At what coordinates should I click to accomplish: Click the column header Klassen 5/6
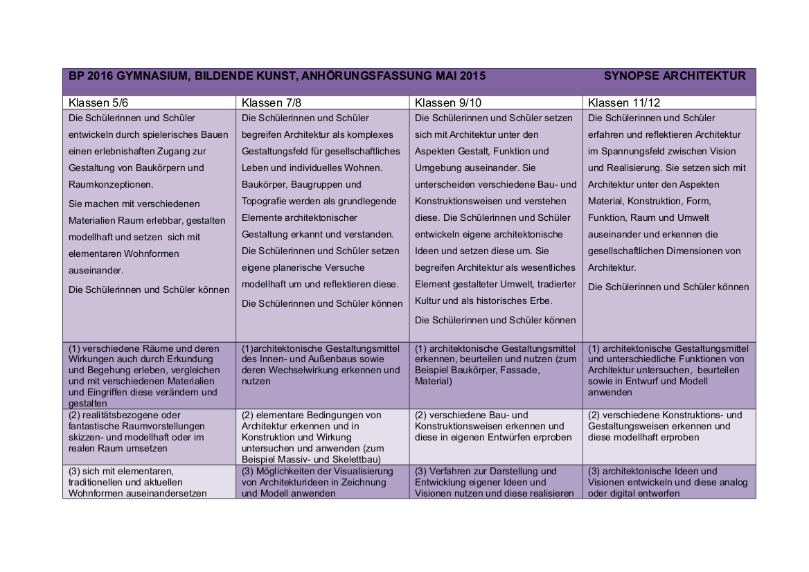98,103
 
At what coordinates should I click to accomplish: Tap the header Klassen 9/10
447,103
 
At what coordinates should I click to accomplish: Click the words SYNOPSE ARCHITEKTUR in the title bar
675,76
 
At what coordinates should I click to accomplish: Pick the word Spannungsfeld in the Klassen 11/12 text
637,151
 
